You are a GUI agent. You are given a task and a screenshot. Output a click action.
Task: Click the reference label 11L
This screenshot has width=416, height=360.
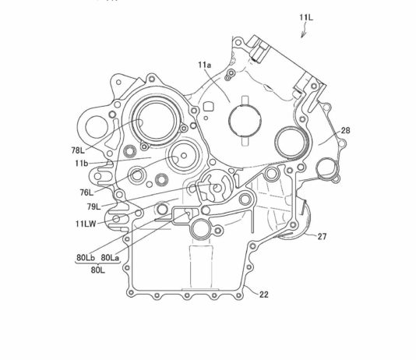pos(306,17)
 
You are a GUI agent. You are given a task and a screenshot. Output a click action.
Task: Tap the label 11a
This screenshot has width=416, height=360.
pos(205,65)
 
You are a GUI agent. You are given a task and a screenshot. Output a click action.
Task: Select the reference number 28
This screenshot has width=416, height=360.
pos(345,130)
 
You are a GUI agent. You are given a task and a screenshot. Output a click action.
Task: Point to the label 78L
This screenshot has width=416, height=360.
pos(78,150)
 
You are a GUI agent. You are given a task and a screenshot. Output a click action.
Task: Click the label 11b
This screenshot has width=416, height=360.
pos(81,163)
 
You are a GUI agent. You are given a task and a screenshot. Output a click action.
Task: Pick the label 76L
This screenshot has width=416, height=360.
pos(86,192)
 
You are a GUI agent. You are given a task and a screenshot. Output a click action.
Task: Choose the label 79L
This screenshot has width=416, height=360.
pos(94,206)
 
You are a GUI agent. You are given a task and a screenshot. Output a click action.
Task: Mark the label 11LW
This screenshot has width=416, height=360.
pos(86,224)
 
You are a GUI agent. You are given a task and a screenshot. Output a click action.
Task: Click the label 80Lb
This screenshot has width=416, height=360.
pos(86,257)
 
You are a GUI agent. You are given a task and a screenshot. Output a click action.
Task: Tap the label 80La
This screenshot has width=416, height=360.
pos(110,257)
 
